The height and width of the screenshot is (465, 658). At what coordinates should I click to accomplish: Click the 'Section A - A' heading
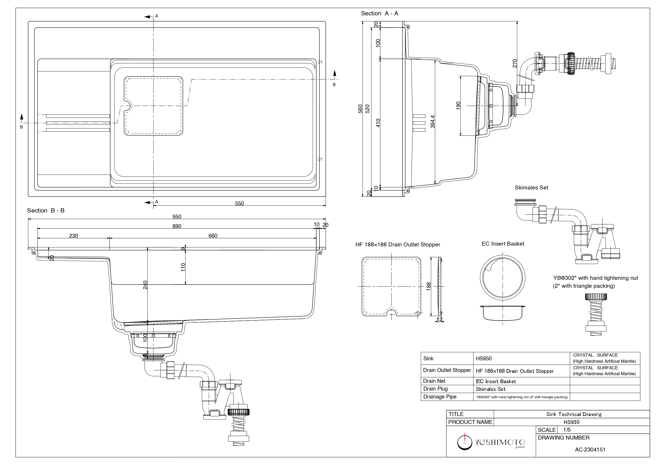click(x=379, y=14)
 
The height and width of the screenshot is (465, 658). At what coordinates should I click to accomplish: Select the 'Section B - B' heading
click(x=46, y=211)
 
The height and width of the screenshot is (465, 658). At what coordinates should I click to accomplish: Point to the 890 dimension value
click(x=177, y=226)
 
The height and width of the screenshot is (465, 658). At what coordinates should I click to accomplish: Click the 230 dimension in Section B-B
click(x=73, y=236)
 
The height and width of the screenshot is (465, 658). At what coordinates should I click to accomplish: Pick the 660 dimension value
click(x=213, y=236)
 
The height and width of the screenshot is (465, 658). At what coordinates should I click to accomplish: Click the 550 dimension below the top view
click(x=239, y=203)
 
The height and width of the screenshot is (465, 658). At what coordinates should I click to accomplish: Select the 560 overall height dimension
click(x=361, y=109)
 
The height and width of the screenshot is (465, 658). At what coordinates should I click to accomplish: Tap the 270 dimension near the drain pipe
click(x=515, y=63)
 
